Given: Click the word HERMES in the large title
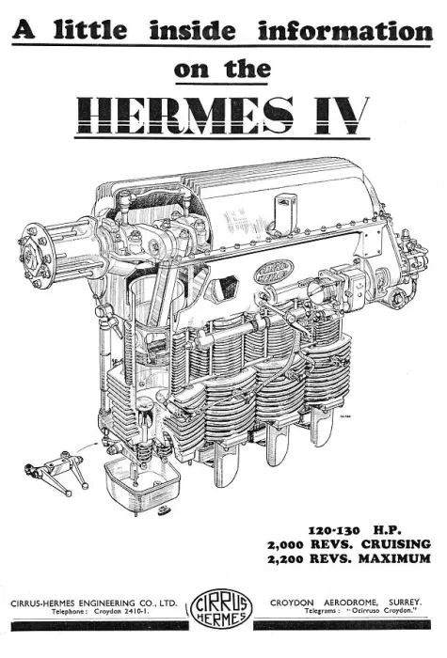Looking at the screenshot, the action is coord(185,115).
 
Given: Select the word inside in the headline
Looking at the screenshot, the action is coord(192,30).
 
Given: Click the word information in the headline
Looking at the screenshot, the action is coord(345,30).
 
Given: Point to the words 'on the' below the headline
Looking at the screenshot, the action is coord(222,70).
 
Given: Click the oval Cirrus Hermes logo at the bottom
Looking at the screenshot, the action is coord(221,607).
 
